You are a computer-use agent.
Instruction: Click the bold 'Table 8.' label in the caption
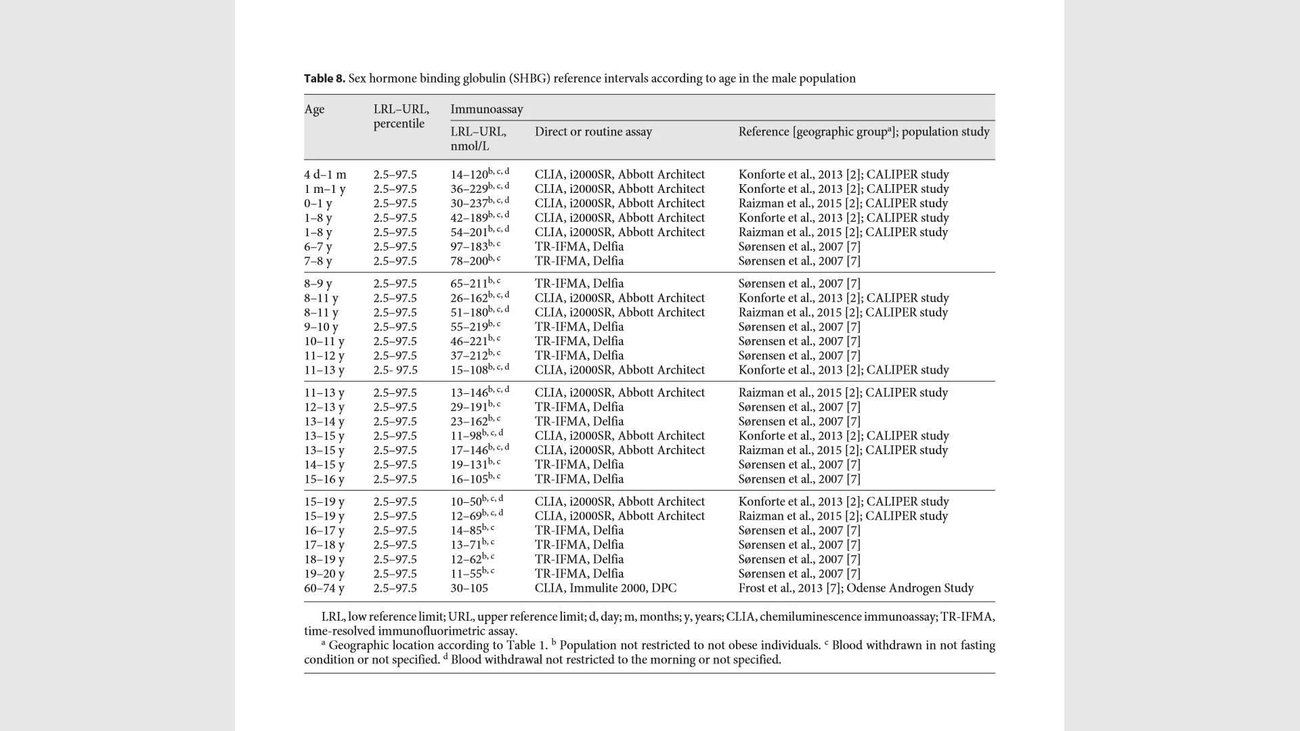pos(324,79)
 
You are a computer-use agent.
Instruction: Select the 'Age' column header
pos(314,110)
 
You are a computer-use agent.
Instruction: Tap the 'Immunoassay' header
pos(486,110)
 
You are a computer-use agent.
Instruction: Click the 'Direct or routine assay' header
pos(593,132)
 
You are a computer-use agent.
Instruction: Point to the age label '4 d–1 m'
pos(325,175)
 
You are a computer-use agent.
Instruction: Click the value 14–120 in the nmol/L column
pos(469,175)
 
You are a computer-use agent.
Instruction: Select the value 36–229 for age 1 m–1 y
pos(469,190)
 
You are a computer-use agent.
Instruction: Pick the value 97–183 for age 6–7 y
pos(469,247)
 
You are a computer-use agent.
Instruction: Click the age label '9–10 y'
pos(321,327)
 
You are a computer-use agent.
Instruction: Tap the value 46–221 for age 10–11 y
pos(469,342)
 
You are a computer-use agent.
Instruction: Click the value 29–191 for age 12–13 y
pos(469,407)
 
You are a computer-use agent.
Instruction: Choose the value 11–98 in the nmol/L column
pos(466,437)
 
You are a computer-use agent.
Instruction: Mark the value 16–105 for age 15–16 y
pos(469,480)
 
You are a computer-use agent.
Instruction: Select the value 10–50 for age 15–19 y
pos(466,502)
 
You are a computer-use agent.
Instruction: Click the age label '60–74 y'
pos(324,589)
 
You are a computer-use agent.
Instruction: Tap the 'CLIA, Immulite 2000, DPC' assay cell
pos(605,589)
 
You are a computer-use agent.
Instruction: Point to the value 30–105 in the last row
pos(469,589)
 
